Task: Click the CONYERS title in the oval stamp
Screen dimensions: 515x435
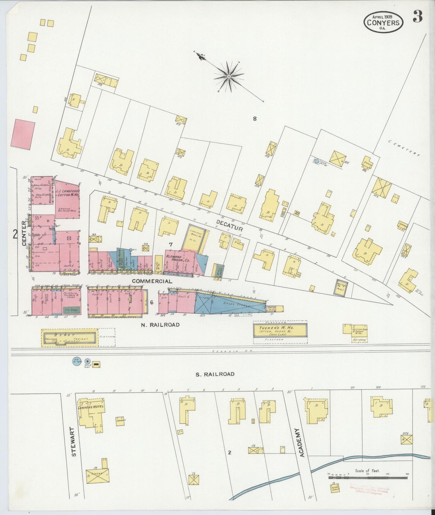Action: click(x=384, y=23)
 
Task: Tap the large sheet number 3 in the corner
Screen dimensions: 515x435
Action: click(x=418, y=17)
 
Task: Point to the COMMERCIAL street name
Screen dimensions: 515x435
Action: click(x=152, y=281)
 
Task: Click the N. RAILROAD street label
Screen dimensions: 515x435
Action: click(x=160, y=325)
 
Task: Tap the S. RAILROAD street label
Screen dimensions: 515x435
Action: click(x=214, y=374)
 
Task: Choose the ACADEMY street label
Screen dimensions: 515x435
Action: click(x=302, y=445)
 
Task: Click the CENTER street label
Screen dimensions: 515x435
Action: click(x=24, y=237)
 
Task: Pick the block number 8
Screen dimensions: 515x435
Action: click(x=255, y=119)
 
